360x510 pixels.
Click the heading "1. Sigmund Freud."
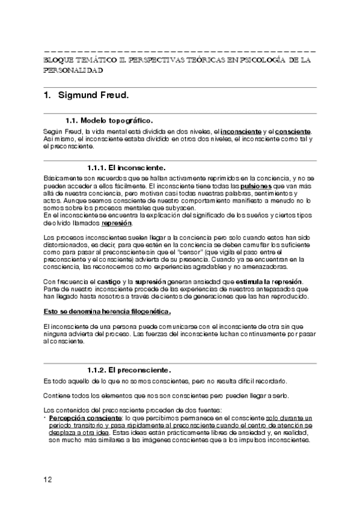pos(87,95)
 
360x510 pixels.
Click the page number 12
pos(48,479)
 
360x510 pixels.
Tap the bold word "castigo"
pos(109,283)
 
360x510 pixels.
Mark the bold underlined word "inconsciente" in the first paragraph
pos(241,131)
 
